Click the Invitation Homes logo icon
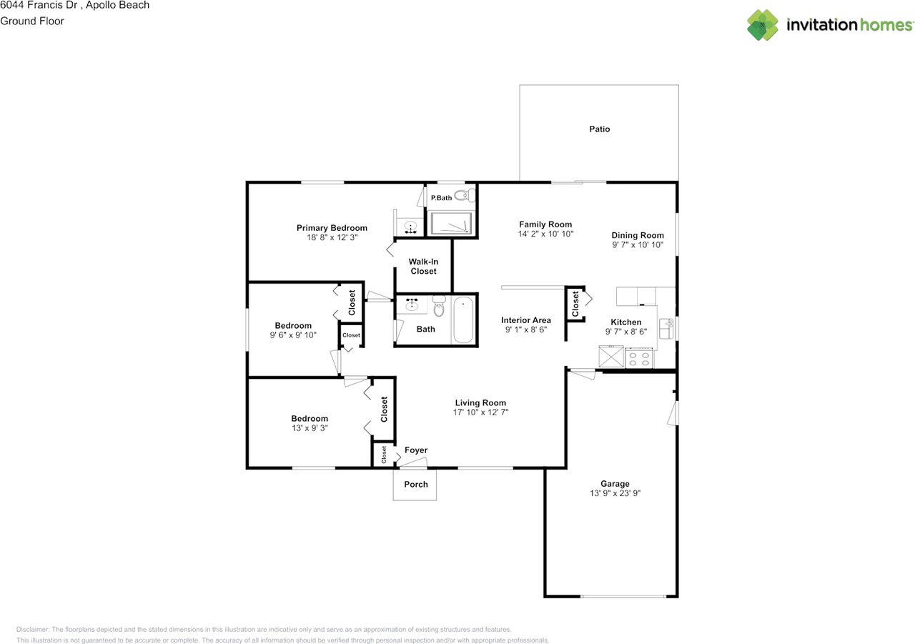(x=763, y=25)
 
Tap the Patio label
(x=599, y=129)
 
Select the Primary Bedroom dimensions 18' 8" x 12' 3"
(x=332, y=237)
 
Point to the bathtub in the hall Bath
(x=463, y=319)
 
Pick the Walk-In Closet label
(x=423, y=267)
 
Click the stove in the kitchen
(x=639, y=357)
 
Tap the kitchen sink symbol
(x=667, y=327)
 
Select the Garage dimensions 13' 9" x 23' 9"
(x=615, y=493)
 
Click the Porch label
(x=416, y=484)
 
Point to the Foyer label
(x=416, y=450)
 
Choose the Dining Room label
(x=638, y=235)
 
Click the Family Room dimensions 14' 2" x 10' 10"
(x=545, y=234)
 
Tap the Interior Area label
(x=526, y=320)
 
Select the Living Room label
(x=480, y=402)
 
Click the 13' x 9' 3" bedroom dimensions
(x=310, y=428)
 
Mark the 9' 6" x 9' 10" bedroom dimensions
(x=293, y=335)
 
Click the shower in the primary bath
(x=451, y=224)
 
